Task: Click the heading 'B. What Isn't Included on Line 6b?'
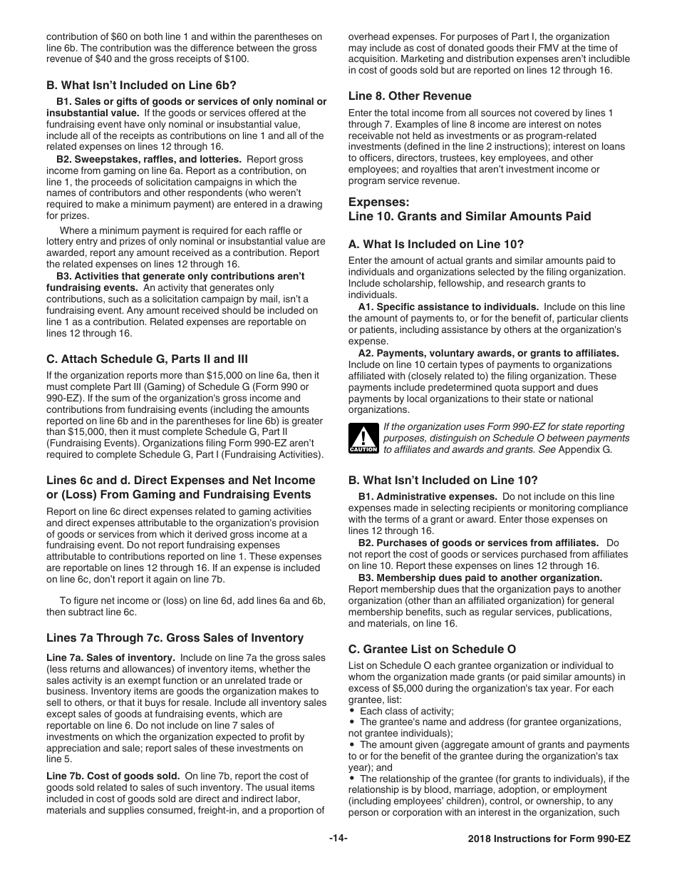click(141, 85)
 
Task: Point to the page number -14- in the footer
click(338, 838)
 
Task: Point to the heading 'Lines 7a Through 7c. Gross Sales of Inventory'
click(175, 638)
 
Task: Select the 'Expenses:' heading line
click(378, 202)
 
